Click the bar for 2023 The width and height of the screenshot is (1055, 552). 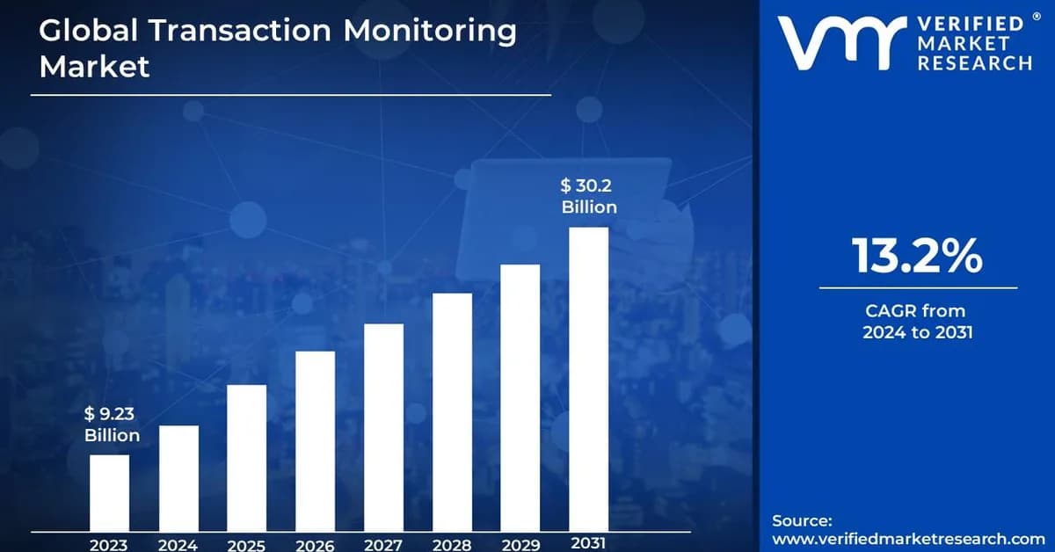pyautogui.click(x=109, y=492)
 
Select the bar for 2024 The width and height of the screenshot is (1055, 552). pyautogui.click(x=178, y=478)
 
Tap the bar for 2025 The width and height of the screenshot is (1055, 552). pyautogui.click(x=246, y=458)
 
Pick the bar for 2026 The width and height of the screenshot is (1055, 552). pyautogui.click(x=315, y=441)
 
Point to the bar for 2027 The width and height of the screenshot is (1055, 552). pyautogui.click(x=383, y=427)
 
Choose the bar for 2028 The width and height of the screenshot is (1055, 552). pyautogui.click(x=452, y=412)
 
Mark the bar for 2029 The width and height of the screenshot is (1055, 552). pyautogui.click(x=520, y=397)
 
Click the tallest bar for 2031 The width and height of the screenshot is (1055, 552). pyautogui.click(x=589, y=379)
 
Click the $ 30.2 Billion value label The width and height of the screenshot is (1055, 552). pyautogui.click(x=589, y=196)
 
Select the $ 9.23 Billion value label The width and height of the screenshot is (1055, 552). pyautogui.click(x=113, y=425)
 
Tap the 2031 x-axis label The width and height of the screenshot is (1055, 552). pyautogui.click(x=588, y=543)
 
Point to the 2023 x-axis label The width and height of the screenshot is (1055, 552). pyautogui.click(x=109, y=545)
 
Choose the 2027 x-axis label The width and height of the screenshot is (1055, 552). pyautogui.click(x=383, y=545)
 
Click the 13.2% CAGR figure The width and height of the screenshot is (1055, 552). pyautogui.click(x=918, y=256)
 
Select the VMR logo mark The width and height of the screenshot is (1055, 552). pyautogui.click(x=842, y=43)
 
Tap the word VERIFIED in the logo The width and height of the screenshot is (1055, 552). pyautogui.click(x=971, y=24)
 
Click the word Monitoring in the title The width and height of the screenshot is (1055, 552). pyautogui.click(x=430, y=31)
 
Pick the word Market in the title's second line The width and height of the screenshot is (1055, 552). pyautogui.click(x=94, y=67)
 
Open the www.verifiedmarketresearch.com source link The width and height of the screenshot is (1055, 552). pyautogui.click(x=908, y=538)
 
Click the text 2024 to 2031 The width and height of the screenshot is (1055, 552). pyautogui.click(x=918, y=332)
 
